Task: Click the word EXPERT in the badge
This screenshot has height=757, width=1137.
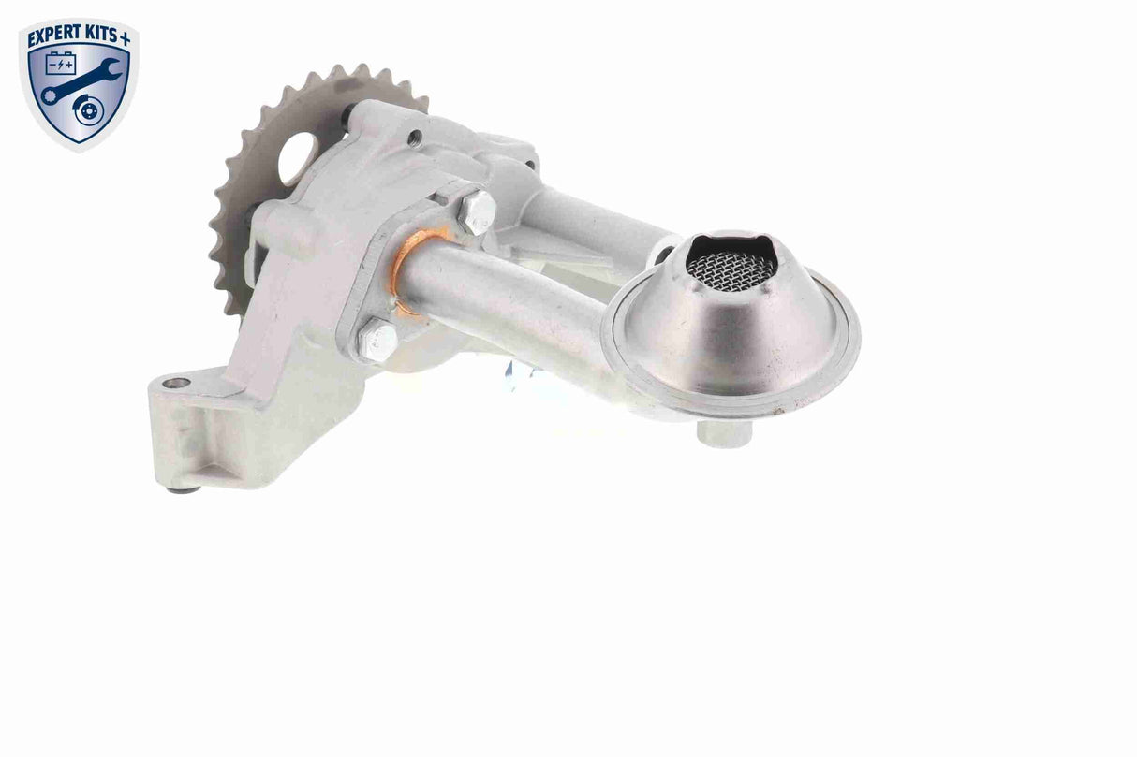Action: point(53,37)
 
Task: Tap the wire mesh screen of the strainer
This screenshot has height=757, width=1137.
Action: point(731,267)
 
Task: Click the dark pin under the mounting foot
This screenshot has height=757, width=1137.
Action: point(183,488)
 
